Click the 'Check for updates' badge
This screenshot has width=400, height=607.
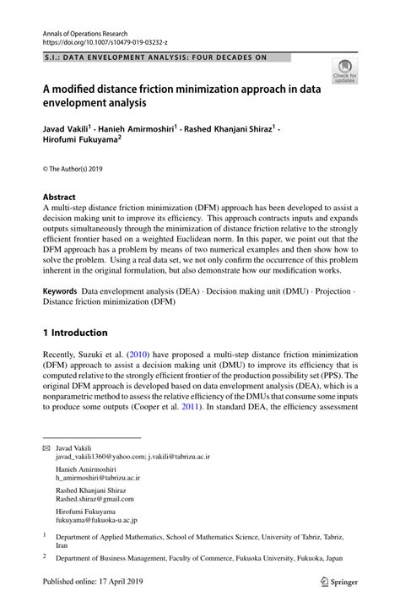[x=344, y=71]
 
